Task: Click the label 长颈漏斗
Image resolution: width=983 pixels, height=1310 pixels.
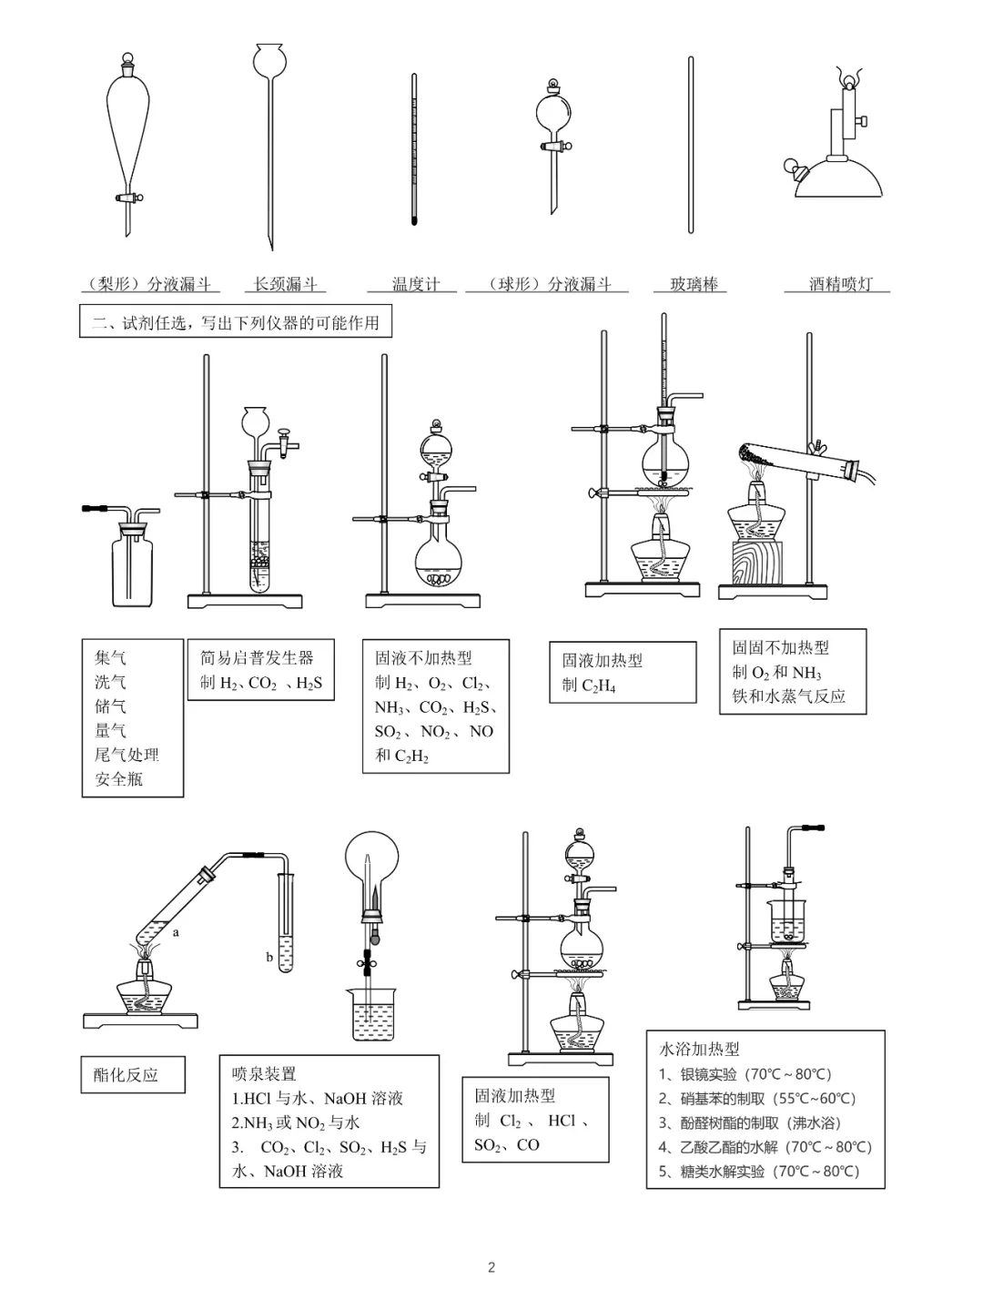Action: [x=285, y=284]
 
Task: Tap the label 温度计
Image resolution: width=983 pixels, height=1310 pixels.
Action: [x=416, y=284]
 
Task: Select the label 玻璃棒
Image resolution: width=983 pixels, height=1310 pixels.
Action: [x=694, y=284]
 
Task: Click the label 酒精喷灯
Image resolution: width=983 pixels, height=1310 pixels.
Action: [x=840, y=284]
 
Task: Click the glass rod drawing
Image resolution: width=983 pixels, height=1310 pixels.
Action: [x=691, y=146]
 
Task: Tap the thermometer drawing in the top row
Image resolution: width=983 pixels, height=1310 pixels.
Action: [x=414, y=150]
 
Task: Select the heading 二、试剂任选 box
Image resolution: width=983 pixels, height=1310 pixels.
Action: [x=236, y=322]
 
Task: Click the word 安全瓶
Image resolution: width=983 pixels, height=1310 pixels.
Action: [x=119, y=779]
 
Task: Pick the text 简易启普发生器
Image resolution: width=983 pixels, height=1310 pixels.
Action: [x=257, y=657]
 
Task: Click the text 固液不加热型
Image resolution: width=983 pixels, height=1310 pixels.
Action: [x=423, y=657]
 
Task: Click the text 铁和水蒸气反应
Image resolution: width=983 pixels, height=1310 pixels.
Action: [x=788, y=696]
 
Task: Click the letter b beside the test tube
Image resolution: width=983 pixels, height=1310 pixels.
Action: [x=269, y=957]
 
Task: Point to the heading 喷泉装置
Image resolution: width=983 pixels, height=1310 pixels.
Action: [x=264, y=1074]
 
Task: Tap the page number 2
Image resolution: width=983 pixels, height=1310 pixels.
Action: [x=491, y=1267]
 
